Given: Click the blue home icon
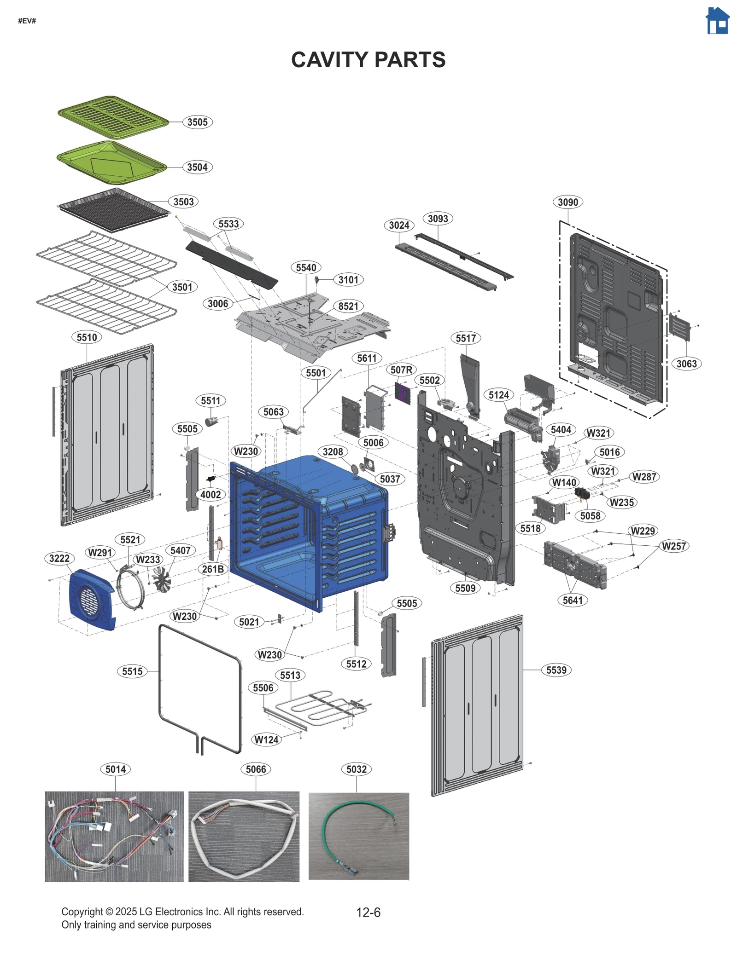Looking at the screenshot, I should click(717, 21).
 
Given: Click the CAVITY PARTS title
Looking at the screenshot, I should click(368, 60).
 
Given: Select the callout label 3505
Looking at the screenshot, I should click(197, 122).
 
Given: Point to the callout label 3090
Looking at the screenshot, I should click(567, 202).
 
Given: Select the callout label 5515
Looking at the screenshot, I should click(132, 671).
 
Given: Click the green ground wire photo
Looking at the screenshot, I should click(358, 836).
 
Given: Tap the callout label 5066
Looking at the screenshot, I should click(256, 769).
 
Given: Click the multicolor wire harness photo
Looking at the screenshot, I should click(114, 836).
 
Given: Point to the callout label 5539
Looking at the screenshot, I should click(556, 670).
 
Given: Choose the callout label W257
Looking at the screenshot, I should click(673, 546).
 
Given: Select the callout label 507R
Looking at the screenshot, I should click(401, 370).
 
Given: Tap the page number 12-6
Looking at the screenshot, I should click(368, 912).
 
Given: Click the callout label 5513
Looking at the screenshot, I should click(290, 675).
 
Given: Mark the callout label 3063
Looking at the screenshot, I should click(686, 364).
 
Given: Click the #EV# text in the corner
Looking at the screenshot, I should click(27, 21).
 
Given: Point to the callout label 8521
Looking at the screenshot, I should click(348, 306).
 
